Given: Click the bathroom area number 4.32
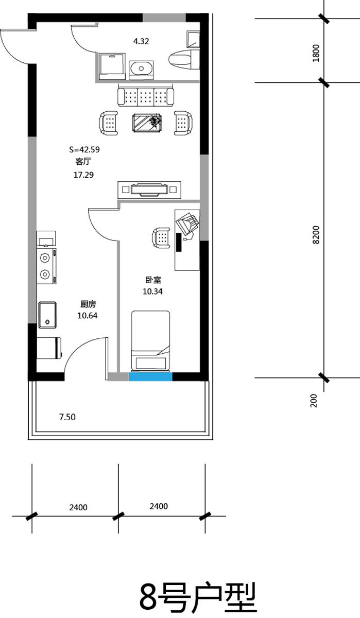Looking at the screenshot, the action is pyautogui.click(x=141, y=41).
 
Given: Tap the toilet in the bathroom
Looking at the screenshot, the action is pyautogui.click(x=183, y=59).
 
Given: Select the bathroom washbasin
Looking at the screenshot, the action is pyautogui.click(x=141, y=68).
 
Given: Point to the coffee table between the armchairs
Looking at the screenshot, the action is pyautogui.click(x=147, y=123).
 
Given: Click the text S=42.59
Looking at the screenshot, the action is pyautogui.click(x=84, y=149).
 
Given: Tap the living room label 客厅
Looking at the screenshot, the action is pyautogui.click(x=83, y=161).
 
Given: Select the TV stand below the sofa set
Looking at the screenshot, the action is pyautogui.click(x=149, y=190).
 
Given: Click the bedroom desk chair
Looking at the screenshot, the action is pyautogui.click(x=161, y=237).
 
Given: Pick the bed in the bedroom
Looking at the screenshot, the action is pyautogui.click(x=150, y=340).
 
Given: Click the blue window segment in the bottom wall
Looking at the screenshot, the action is pyautogui.click(x=150, y=376).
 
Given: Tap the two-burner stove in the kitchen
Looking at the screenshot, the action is pyautogui.click(x=46, y=266).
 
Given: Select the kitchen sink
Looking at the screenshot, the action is pyautogui.click(x=47, y=315).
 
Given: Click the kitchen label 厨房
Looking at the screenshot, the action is pyautogui.click(x=88, y=304).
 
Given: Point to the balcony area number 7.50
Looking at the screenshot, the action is pyautogui.click(x=67, y=417).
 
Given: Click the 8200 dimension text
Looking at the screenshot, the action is pyautogui.click(x=316, y=235).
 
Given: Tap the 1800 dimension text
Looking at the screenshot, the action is pyautogui.click(x=316, y=53).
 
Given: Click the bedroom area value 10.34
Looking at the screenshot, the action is pyautogui.click(x=152, y=291).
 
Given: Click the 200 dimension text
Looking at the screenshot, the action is pyautogui.click(x=314, y=401).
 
